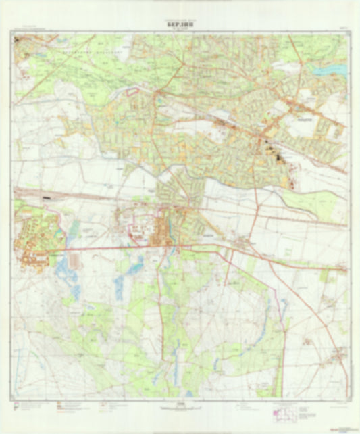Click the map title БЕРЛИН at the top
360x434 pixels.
tap(179, 22)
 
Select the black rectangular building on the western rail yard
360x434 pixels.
tap(46, 197)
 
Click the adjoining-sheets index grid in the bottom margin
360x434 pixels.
tap(287, 410)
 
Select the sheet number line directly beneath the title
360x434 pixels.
tap(179, 28)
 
